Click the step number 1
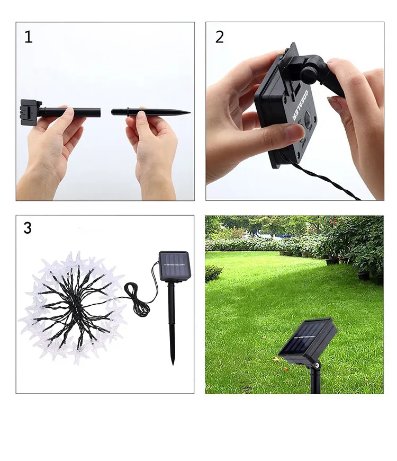(x=28, y=37)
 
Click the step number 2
(x=219, y=37)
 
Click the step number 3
(x=28, y=228)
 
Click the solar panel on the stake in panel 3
(x=173, y=267)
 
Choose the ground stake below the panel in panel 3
(x=173, y=323)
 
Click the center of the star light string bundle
(x=72, y=307)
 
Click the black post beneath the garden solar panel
(x=315, y=379)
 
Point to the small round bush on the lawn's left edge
(x=213, y=273)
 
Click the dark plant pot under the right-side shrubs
(x=364, y=275)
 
